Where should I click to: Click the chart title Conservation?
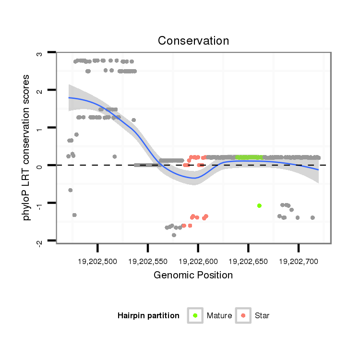pyautogui.click(x=193, y=41)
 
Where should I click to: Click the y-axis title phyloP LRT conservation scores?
pyautogui.click(x=27, y=147)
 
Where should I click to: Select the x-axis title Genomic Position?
pyautogui.click(x=193, y=275)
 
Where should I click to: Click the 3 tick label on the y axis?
pyautogui.click(x=39, y=53)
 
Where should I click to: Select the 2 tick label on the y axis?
pyautogui.click(x=39, y=91)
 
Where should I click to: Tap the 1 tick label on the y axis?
pyautogui.click(x=39, y=128)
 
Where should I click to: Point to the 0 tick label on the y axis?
pyautogui.click(x=39, y=166)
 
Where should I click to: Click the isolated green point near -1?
pyautogui.click(x=259, y=205)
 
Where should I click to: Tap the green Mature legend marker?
pyautogui.click(x=195, y=315)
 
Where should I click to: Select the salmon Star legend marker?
pyautogui.click(x=244, y=315)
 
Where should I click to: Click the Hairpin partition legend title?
pyautogui.click(x=148, y=315)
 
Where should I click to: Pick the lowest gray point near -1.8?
pyautogui.click(x=174, y=235)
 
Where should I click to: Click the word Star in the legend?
pyautogui.click(x=262, y=315)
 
